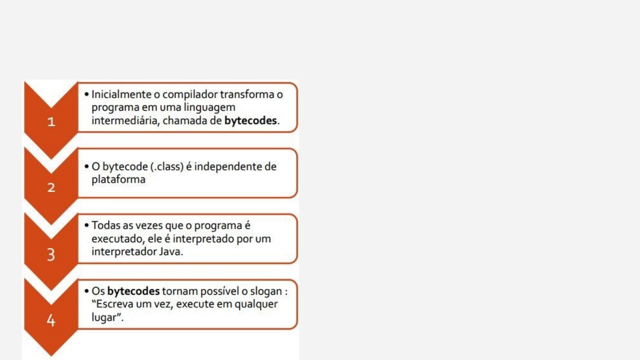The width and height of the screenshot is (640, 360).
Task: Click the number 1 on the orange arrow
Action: pos(52,122)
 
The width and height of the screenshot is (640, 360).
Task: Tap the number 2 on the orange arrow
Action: pos(52,188)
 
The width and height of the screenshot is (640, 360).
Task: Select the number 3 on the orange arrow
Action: pos(52,255)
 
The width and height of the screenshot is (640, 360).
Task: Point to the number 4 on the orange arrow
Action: pos(52,320)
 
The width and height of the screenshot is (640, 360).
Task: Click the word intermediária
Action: pos(125,121)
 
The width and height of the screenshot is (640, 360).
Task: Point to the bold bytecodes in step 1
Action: pos(251,121)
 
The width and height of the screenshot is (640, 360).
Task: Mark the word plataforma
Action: pos(118,180)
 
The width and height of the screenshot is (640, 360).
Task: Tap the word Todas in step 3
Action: pos(105,225)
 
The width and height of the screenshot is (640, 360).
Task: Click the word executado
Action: pos(116,239)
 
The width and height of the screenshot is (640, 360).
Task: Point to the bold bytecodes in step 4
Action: pos(133,292)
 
